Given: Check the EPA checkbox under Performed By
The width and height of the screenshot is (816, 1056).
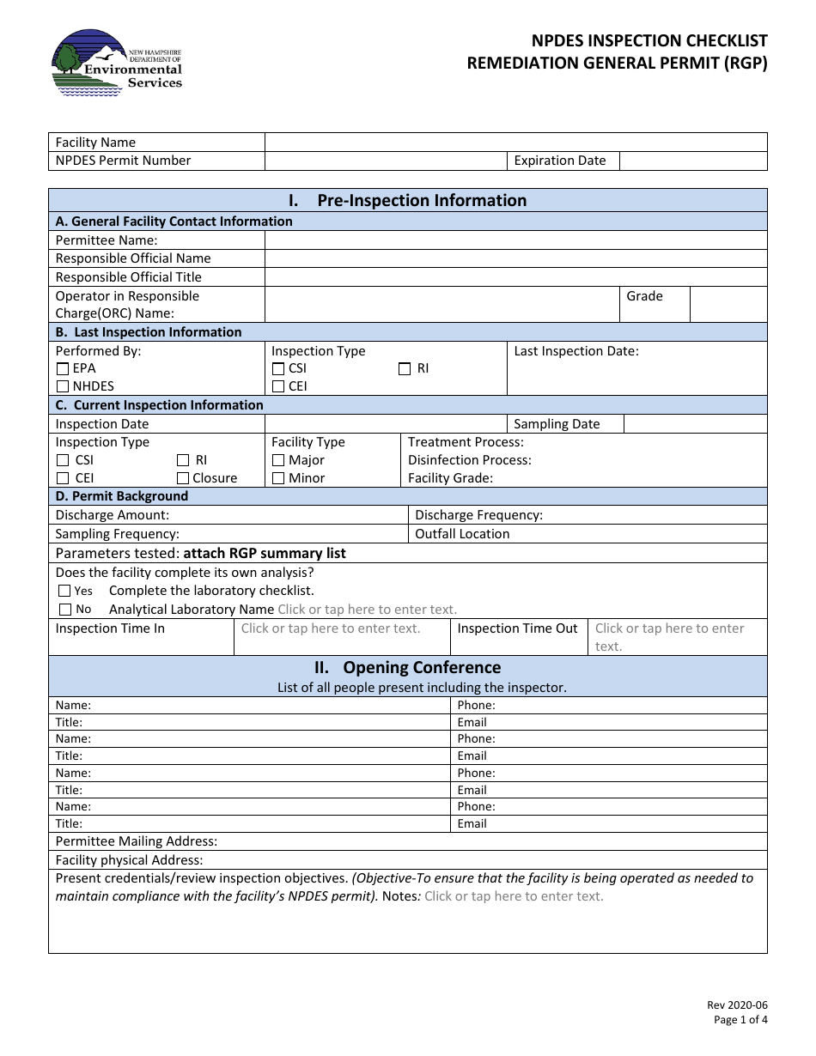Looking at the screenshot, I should pos(63,369).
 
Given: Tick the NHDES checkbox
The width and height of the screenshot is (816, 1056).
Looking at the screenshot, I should pos(63,387).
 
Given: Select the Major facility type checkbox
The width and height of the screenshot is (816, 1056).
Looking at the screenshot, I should pos(278,460).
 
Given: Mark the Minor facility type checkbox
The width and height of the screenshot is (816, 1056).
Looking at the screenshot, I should pos(278,478).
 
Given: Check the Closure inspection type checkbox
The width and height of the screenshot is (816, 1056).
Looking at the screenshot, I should pos(183,478).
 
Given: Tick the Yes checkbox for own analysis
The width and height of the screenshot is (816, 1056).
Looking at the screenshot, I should pos(64,591).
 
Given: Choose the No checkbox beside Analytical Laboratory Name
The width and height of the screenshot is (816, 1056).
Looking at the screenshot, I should pos(64,610).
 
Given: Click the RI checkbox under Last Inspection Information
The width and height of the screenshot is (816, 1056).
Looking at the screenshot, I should pos(405,369).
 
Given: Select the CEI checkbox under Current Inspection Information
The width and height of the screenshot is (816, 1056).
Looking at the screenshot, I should pos(63,478).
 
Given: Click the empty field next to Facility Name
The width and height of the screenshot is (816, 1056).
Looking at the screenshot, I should pos(515,143).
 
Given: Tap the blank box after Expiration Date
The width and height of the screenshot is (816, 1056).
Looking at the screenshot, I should pos(692,161).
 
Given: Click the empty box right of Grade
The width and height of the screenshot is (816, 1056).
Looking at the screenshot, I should pos(728,305).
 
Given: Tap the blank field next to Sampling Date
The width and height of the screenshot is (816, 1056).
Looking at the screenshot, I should pos(694,424).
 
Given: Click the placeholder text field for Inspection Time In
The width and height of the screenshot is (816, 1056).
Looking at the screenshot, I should pos(331,628).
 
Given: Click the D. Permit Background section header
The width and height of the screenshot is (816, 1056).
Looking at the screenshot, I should pos(122,496).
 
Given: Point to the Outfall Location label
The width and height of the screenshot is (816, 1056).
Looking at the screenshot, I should pos(462,534).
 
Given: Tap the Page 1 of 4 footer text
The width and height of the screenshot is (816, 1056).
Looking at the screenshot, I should pos(740,1020).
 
